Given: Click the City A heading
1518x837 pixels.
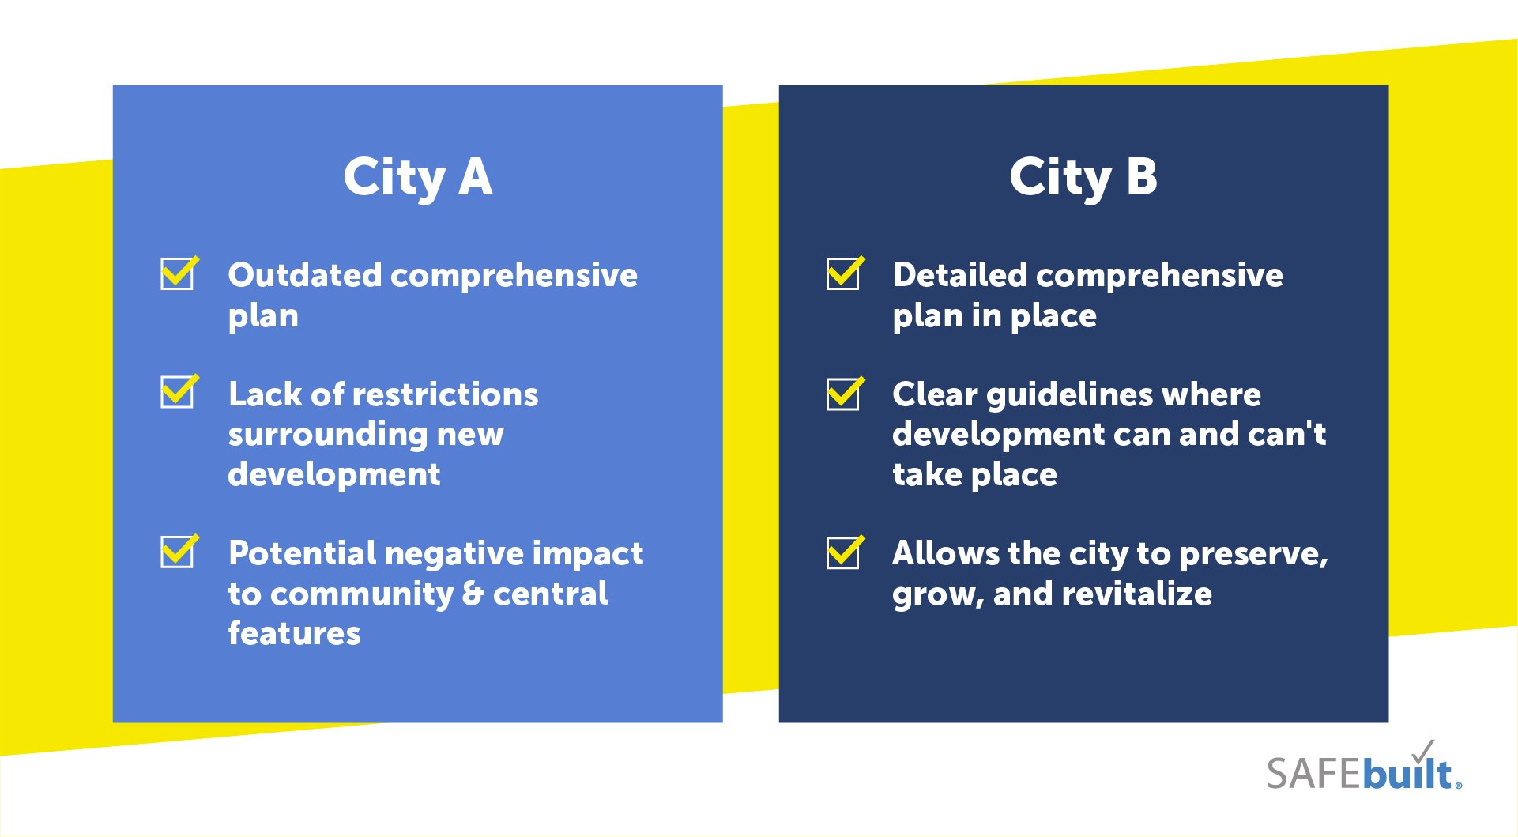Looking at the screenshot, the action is tap(418, 177).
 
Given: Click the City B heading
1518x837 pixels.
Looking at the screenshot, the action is tap(1083, 177).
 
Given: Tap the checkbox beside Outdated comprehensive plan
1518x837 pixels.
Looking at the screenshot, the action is tap(179, 273).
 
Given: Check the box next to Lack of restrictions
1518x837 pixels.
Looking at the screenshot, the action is tap(179, 390).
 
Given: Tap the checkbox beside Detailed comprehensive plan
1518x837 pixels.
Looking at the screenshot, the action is tap(845, 273).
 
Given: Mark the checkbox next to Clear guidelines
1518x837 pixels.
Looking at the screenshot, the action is tap(845, 393).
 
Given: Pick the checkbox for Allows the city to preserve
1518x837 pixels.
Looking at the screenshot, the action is tap(845, 552).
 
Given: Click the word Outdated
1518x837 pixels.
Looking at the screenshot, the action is tap(305, 275).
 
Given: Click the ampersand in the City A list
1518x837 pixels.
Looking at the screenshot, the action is tap(473, 594).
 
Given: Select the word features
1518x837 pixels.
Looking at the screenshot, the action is tap(294, 633).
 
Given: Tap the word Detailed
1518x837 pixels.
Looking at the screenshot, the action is tap(960, 275).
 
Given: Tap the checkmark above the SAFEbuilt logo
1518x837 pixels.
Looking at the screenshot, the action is tap(1422, 751).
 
